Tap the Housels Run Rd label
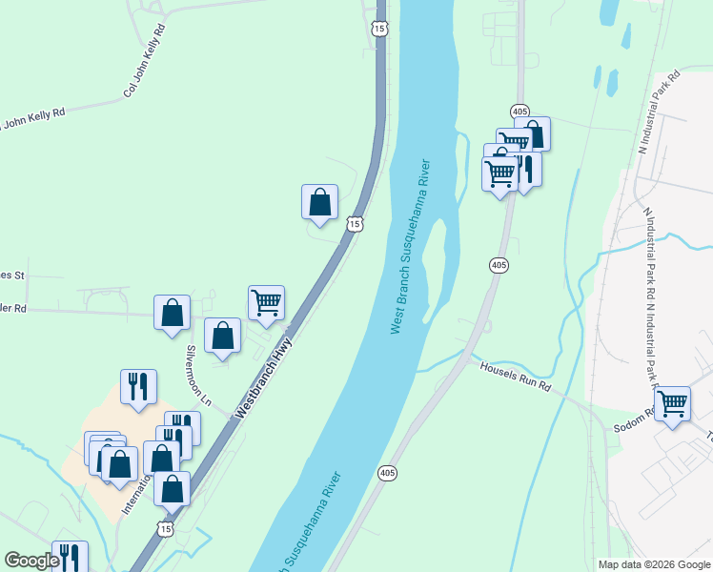point(516,377)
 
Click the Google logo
point(31,561)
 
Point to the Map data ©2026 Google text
point(655,564)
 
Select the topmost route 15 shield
point(380,30)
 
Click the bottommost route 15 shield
point(167,528)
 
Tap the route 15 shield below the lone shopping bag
point(355,224)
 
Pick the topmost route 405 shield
point(519,112)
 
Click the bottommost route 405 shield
point(386,473)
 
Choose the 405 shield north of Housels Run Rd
point(499,264)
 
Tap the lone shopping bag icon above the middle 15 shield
point(320,201)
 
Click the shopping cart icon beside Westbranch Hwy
point(267,302)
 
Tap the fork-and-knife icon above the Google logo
point(69,557)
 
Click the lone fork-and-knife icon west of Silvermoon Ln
point(138,386)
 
